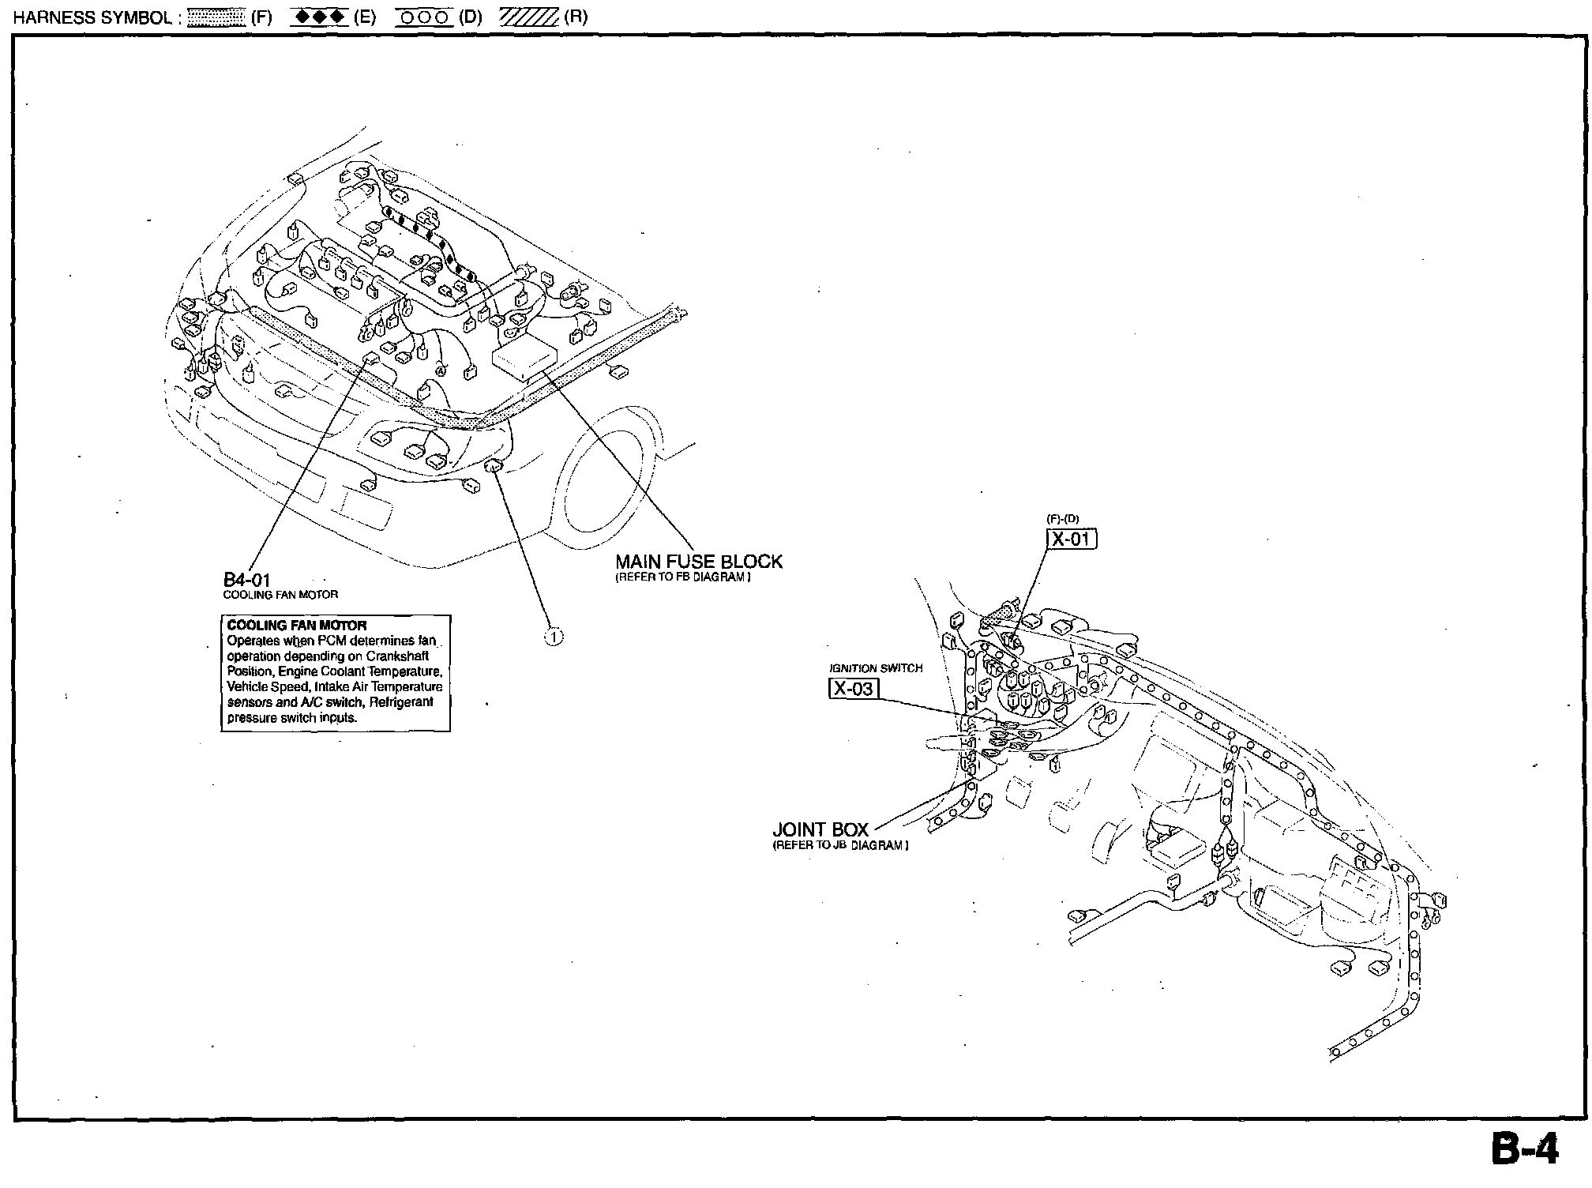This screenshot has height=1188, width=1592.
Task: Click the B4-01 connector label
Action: pyautogui.click(x=246, y=581)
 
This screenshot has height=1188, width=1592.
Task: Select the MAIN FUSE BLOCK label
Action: pyautogui.click(x=699, y=562)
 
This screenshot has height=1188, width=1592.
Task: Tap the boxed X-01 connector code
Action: pyautogui.click(x=1072, y=539)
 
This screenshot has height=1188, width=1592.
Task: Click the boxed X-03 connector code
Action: pyautogui.click(x=854, y=688)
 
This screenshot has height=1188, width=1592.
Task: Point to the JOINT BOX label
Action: pyautogui.click(x=820, y=830)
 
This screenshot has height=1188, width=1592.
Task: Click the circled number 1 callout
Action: pyautogui.click(x=554, y=637)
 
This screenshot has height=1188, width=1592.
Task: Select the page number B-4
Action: pyautogui.click(x=1525, y=1150)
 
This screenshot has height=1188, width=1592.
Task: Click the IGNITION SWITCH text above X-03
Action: pyautogui.click(x=876, y=668)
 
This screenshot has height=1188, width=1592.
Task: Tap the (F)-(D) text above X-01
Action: pyautogui.click(x=1063, y=519)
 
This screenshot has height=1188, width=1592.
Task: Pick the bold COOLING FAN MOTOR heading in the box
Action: pyautogui.click(x=297, y=625)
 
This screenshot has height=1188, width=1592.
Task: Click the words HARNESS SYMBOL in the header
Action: pyautogui.click(x=93, y=17)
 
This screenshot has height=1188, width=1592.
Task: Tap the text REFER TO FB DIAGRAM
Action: pyautogui.click(x=683, y=577)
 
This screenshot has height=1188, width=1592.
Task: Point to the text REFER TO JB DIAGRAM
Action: pyautogui.click(x=840, y=845)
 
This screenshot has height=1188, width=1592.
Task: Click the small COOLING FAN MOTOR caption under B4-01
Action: pyautogui.click(x=280, y=595)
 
